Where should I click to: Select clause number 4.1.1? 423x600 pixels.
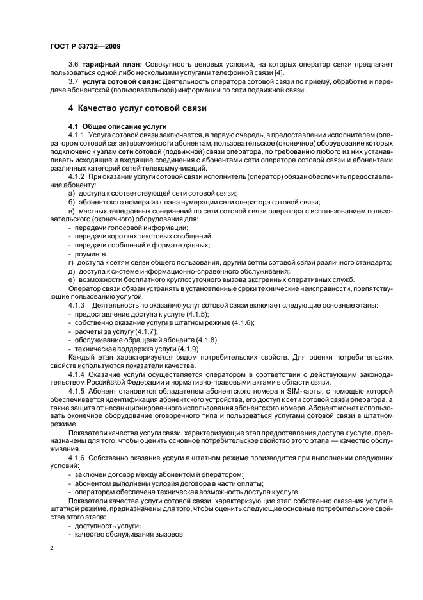[x=77, y=136]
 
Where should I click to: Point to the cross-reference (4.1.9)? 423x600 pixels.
[x=182, y=347]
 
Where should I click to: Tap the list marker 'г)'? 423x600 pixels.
[x=70, y=262]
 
